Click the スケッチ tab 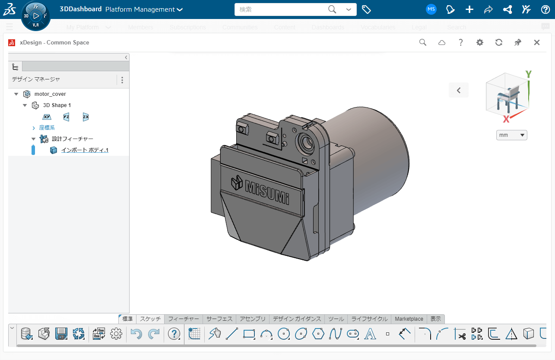[x=150, y=319]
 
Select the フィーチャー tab [x=184, y=319]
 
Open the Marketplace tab [x=409, y=319]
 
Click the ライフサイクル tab [x=369, y=319]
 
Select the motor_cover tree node [x=50, y=94]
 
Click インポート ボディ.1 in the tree [x=85, y=150]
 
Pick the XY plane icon [x=47, y=117]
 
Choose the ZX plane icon [x=86, y=117]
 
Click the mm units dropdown [x=512, y=135]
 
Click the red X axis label [x=506, y=119]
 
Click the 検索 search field [x=281, y=9]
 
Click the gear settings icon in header [x=479, y=42]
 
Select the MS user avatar [x=431, y=9]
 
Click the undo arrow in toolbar [x=136, y=334]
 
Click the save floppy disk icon [x=61, y=334]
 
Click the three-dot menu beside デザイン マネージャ [x=122, y=80]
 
